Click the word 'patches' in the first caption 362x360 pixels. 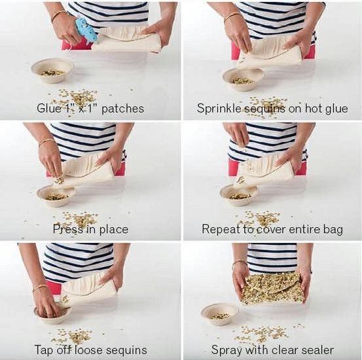[123, 109]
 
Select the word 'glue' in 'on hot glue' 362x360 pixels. [337, 109]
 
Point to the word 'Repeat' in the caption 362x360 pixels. [221, 229]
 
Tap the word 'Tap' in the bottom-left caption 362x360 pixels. [43, 350]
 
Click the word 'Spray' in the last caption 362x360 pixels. [226, 350]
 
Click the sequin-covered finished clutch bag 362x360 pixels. [273, 288]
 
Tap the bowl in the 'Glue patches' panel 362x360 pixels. [52, 71]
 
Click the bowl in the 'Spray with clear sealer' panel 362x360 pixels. [220, 314]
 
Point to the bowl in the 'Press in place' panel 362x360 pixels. [56, 196]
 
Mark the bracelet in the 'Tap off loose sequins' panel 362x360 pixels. [40, 287]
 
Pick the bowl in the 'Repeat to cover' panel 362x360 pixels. [239, 195]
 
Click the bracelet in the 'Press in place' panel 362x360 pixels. [46, 141]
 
